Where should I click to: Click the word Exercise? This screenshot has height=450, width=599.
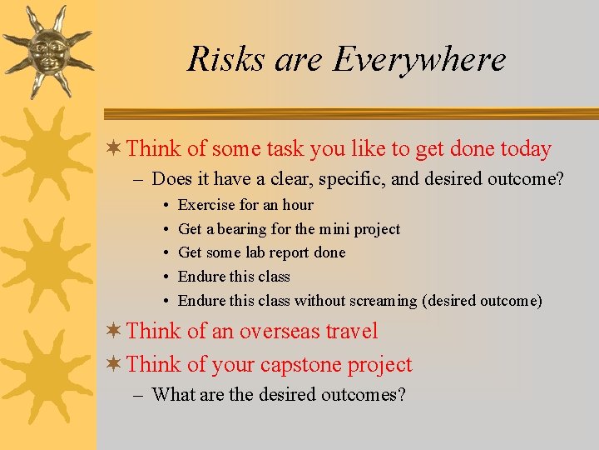205,205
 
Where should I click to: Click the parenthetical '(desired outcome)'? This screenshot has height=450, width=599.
483,301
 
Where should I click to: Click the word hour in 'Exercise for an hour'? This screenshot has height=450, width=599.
298,205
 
